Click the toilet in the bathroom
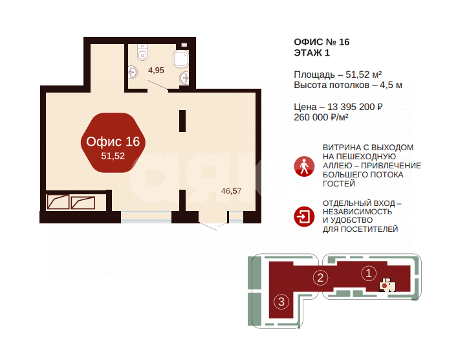click(x=142, y=52)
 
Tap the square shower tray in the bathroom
click(x=180, y=59)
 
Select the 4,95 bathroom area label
click(x=156, y=70)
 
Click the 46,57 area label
click(x=231, y=191)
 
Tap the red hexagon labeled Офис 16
click(x=113, y=142)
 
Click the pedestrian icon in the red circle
click(x=304, y=166)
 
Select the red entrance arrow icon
click(x=304, y=217)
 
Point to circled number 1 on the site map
click(x=369, y=273)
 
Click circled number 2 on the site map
click(x=320, y=278)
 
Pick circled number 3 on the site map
click(x=281, y=302)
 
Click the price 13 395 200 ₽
click(x=355, y=107)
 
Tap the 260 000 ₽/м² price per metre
click(x=321, y=117)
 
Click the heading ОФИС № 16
click(x=322, y=42)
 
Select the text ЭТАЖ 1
click(x=312, y=52)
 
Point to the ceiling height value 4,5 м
click(x=391, y=85)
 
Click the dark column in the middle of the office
click(x=182, y=121)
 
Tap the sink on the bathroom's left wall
click(x=133, y=72)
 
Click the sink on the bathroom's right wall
click(x=184, y=78)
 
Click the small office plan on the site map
click(x=387, y=284)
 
